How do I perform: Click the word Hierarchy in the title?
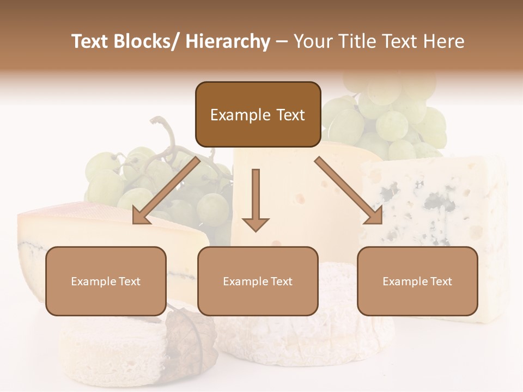point(228,42)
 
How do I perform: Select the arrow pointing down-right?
point(349,190)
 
